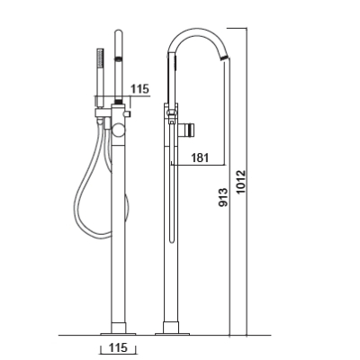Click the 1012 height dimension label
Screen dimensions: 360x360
(x=240, y=182)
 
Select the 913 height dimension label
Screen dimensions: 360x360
(x=223, y=197)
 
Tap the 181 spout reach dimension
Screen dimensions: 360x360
(x=200, y=157)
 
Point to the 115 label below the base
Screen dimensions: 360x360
(x=118, y=347)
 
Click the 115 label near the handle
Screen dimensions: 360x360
(x=139, y=89)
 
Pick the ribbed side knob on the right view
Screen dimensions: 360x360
(x=190, y=130)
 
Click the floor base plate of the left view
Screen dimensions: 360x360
(x=118, y=334)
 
